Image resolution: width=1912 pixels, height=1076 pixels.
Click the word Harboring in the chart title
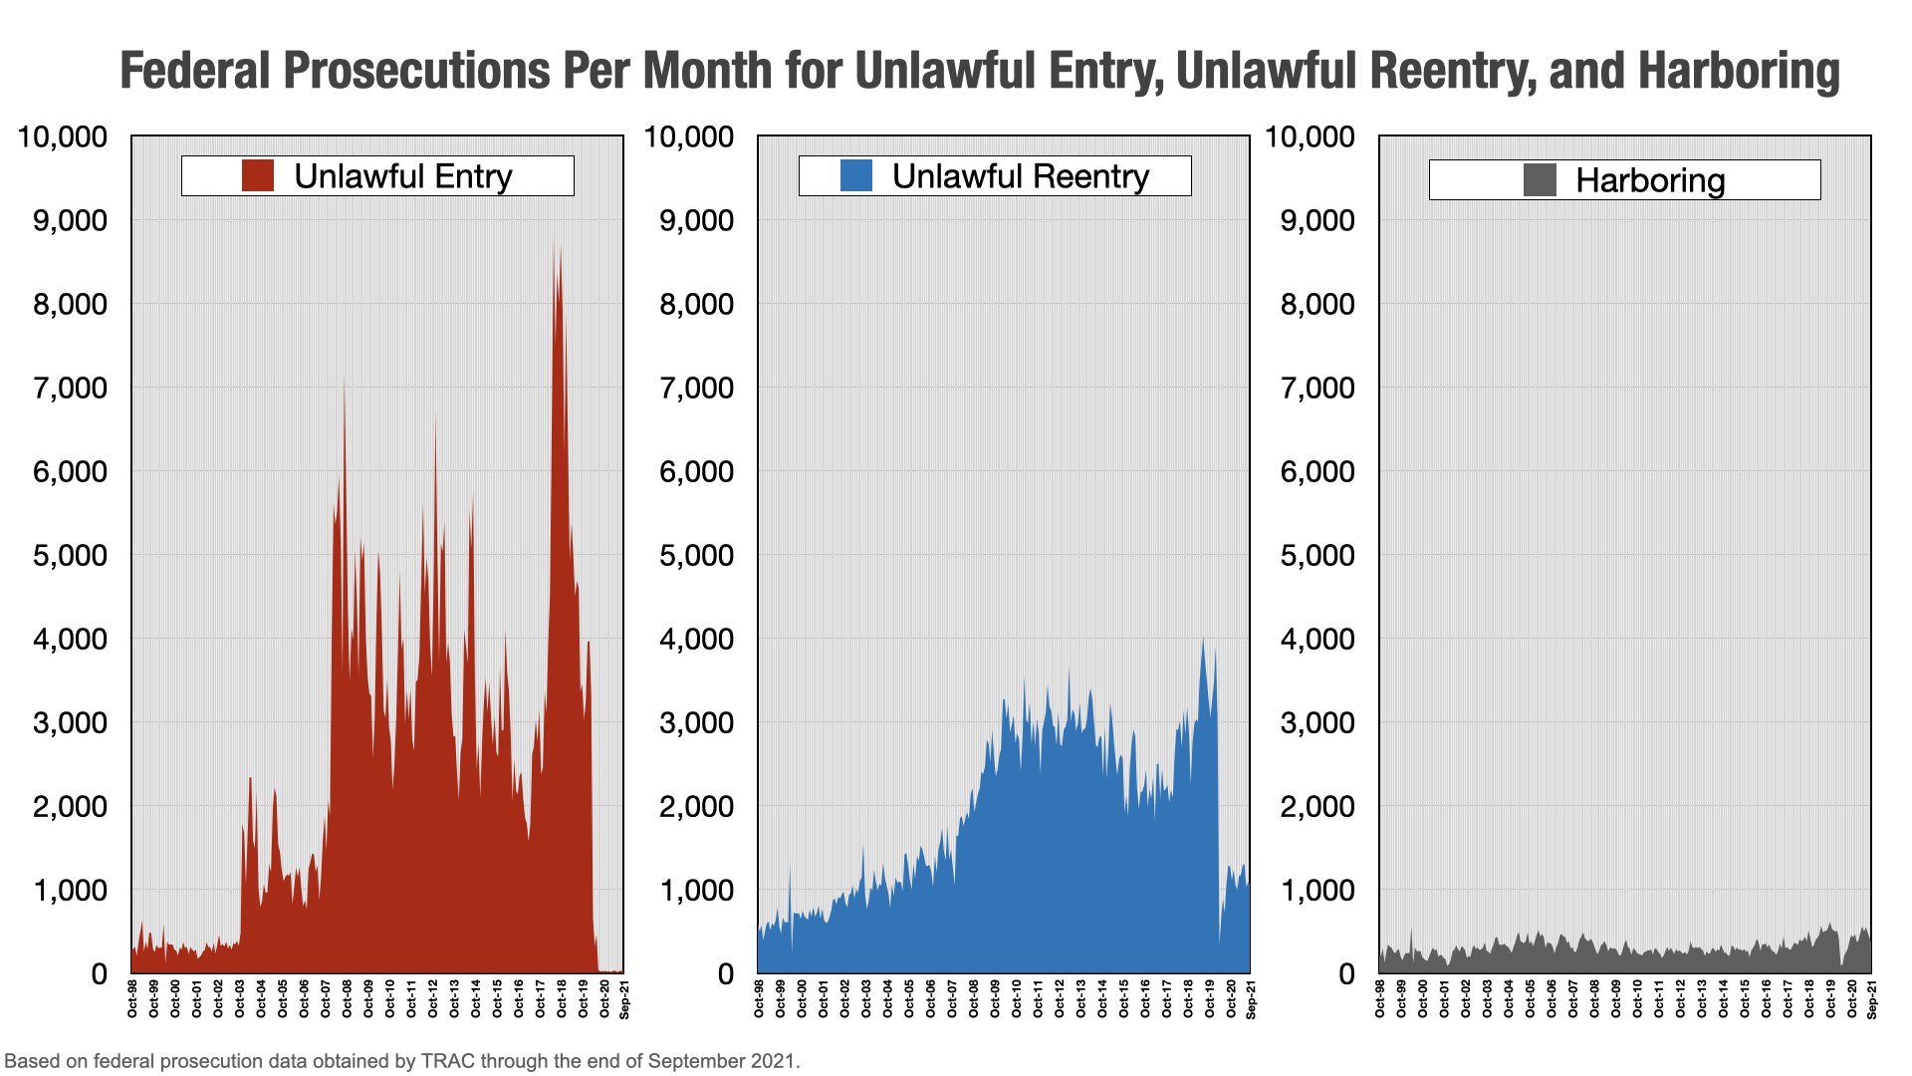tap(1738, 72)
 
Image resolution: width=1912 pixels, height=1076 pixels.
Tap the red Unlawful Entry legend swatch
tap(258, 175)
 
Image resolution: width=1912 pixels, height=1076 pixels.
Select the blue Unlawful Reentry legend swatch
tap(856, 175)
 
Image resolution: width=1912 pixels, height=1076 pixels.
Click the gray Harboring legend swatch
tap(1540, 180)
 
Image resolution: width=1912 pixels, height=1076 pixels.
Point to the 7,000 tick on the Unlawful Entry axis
tap(70, 388)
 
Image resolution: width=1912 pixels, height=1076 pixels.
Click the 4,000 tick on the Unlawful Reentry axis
tap(696, 639)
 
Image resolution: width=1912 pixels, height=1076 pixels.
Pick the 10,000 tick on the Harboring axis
tap(1310, 136)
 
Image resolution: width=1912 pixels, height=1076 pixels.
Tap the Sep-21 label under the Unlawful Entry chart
tap(624, 999)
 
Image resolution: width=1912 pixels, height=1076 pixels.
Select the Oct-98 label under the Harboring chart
tap(1380, 999)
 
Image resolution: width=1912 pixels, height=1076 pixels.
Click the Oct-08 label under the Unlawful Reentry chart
tap(974, 999)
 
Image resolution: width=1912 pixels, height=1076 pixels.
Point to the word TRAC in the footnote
tap(448, 1061)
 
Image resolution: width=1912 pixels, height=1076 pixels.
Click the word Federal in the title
tap(195, 72)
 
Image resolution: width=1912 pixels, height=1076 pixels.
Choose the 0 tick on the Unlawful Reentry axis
tap(726, 973)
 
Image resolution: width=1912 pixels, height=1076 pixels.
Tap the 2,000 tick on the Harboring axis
tap(1317, 806)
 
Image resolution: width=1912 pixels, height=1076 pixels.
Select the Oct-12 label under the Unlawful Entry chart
tap(433, 999)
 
